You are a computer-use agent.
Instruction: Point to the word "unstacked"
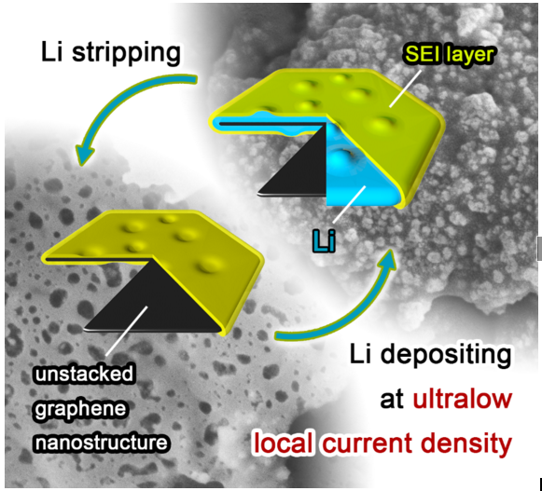point(85,375)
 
